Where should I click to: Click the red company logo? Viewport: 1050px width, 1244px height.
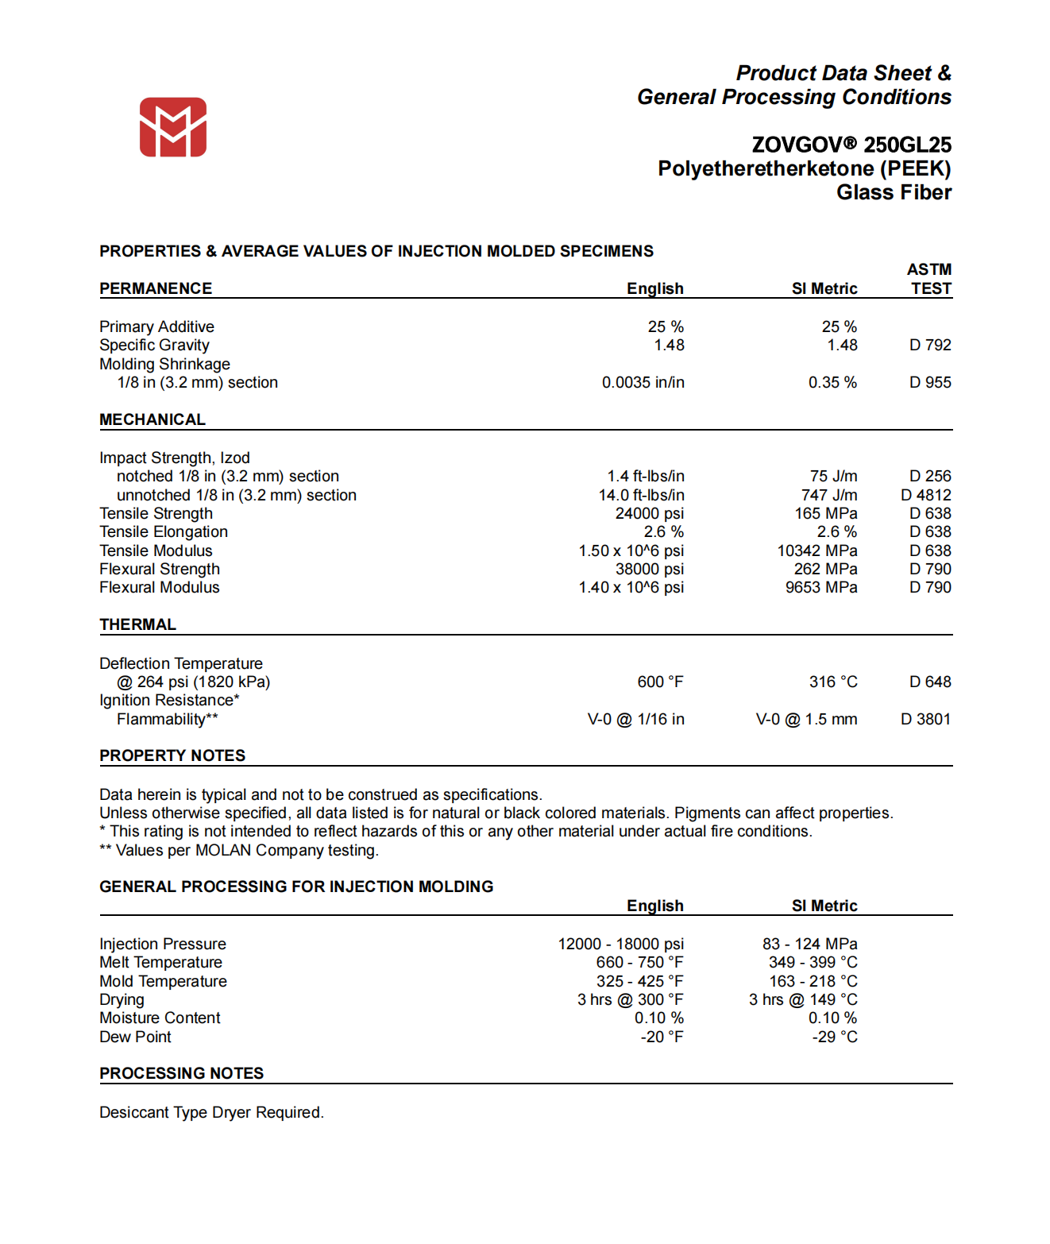pyautogui.click(x=173, y=127)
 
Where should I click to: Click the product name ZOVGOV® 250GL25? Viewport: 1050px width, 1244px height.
pyautogui.click(x=851, y=145)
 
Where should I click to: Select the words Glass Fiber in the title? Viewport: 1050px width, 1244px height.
pyautogui.click(x=894, y=192)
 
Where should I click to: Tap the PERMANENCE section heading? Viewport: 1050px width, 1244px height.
pyautogui.click(x=156, y=288)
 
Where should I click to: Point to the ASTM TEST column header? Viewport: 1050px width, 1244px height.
pyautogui.click(x=929, y=279)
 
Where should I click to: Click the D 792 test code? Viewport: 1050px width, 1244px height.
pyautogui.click(x=930, y=345)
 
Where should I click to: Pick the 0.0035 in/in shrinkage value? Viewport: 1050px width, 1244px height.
pyautogui.click(x=643, y=382)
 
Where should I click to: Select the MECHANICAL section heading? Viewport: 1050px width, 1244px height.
pyautogui.click(x=152, y=419)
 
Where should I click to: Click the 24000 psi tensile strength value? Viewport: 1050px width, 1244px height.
pyautogui.click(x=649, y=513)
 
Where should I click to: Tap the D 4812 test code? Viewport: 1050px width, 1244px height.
pyautogui.click(x=925, y=495)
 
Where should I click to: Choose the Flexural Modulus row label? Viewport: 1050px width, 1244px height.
pyautogui.click(x=160, y=587)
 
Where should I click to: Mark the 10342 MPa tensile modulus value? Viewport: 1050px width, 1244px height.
pyautogui.click(x=816, y=551)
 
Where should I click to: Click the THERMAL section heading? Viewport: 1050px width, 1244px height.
pyautogui.click(x=137, y=624)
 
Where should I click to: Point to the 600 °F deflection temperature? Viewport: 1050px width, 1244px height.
pyautogui.click(x=660, y=682)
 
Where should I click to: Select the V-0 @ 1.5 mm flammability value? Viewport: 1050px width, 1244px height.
pyautogui.click(x=806, y=719)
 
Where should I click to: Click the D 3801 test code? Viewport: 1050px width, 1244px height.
pyautogui.click(x=925, y=719)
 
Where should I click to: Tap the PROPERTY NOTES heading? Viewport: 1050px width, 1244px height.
pyautogui.click(x=172, y=755)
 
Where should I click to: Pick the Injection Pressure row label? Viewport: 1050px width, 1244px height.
pyautogui.click(x=163, y=944)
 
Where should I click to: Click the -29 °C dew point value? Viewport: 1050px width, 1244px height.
pyautogui.click(x=834, y=1037)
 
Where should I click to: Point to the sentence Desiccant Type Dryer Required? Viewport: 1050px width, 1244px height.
pyautogui.click(x=211, y=1112)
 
